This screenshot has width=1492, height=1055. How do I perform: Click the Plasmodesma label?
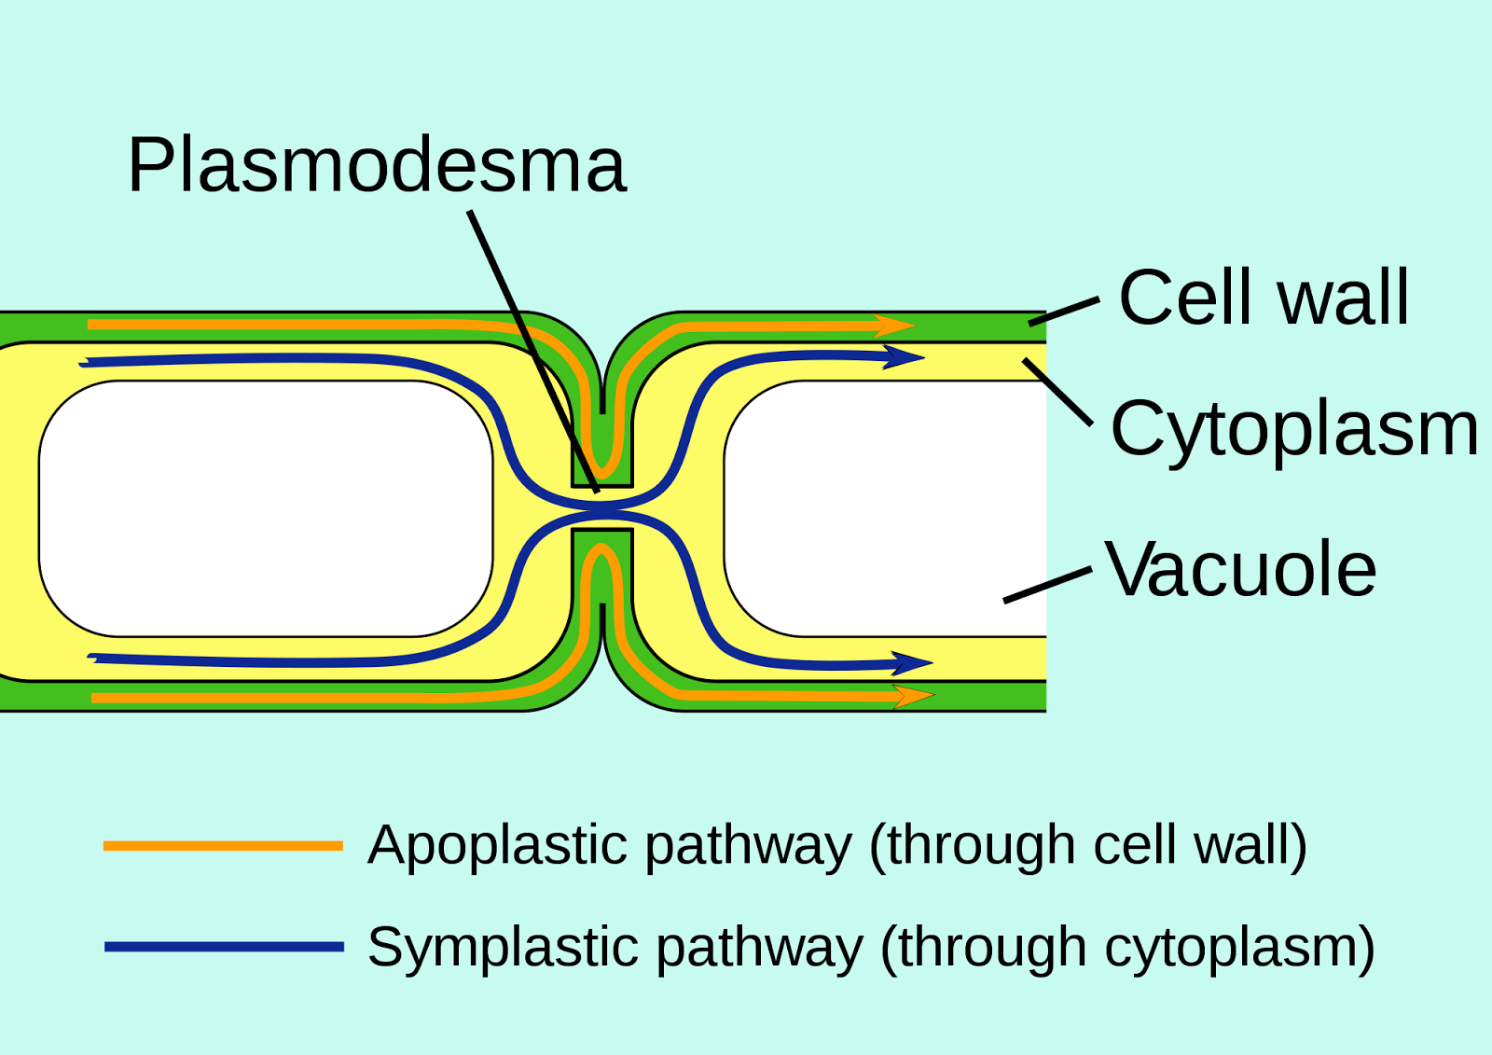[377, 165]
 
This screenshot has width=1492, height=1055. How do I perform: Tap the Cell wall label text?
[1264, 298]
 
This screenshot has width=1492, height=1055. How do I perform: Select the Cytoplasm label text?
[1294, 429]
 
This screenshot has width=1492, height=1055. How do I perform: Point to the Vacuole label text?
[1240, 569]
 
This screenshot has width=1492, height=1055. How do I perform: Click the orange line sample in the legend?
[223, 846]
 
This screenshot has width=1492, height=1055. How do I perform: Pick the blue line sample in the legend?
[223, 947]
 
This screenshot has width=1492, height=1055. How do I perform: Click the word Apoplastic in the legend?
[497, 846]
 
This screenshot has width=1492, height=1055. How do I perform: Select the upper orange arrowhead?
[895, 326]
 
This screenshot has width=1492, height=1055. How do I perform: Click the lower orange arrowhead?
[914, 696]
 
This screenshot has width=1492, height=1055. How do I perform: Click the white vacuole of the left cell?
[266, 508]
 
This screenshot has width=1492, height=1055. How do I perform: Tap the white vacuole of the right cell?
[886, 508]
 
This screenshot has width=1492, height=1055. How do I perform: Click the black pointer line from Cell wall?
[1064, 312]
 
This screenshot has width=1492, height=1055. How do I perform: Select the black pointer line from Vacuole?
[1047, 585]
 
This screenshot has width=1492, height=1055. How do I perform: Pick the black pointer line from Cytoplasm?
[1057, 392]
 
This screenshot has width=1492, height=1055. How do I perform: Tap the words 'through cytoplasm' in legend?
[1127, 948]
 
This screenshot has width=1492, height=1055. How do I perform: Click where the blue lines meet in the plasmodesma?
[602, 509]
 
